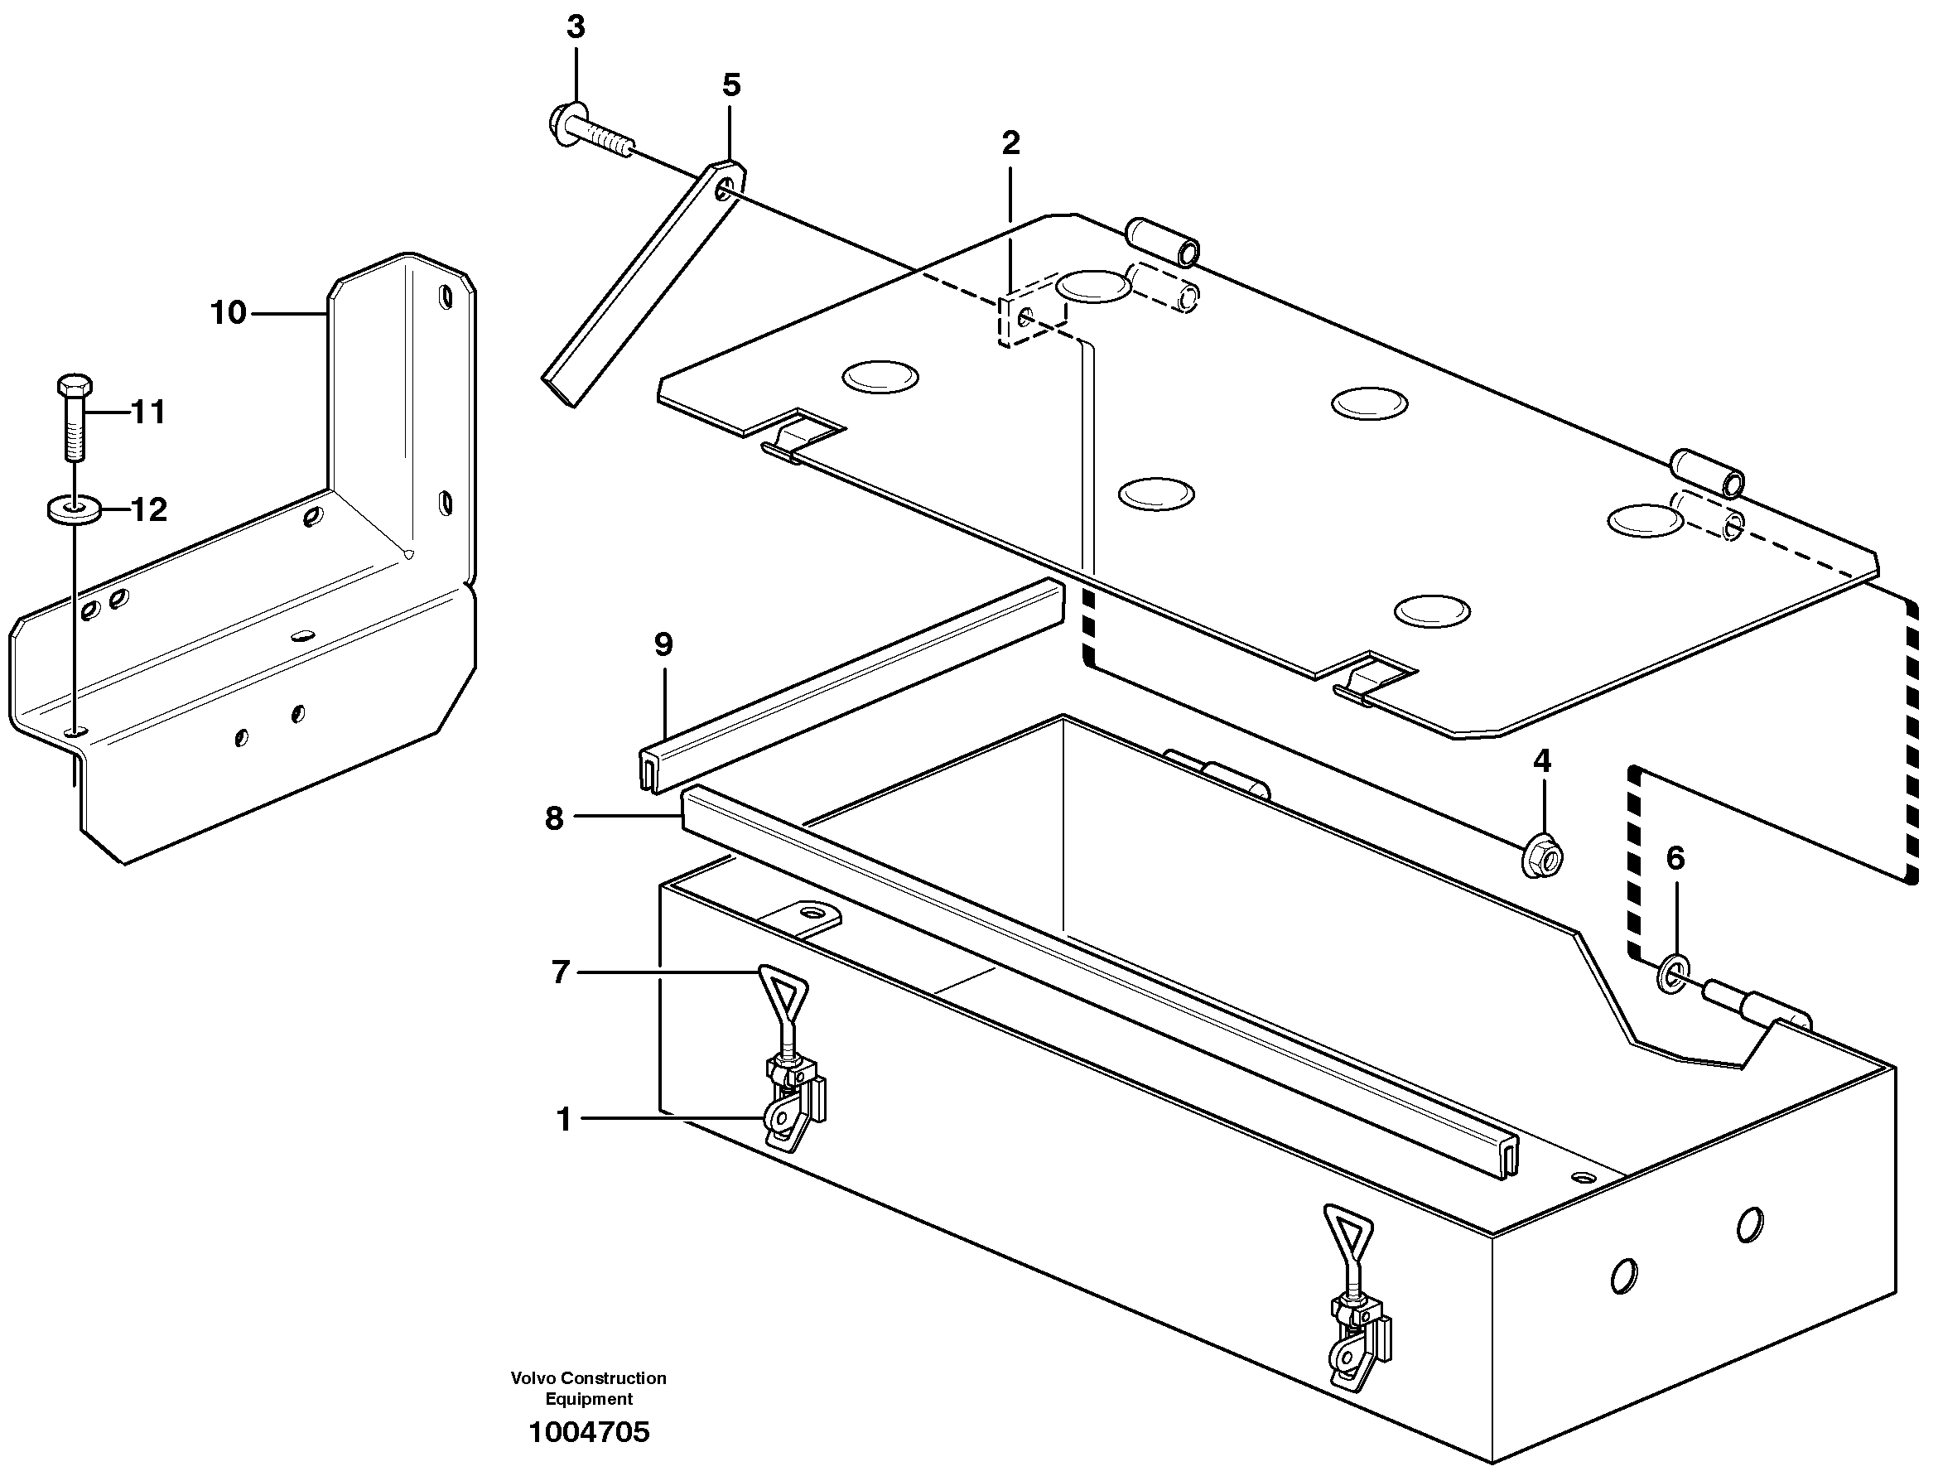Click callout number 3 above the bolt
tap(576, 27)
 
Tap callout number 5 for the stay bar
tap(731, 85)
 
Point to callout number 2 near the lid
tap(1010, 143)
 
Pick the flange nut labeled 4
tap(1542, 854)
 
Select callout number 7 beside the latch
tap(561, 972)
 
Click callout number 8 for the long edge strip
tap(553, 818)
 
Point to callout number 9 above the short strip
tap(663, 645)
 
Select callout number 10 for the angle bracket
tap(229, 313)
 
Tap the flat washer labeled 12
tap(74, 509)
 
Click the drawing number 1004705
tap(589, 1432)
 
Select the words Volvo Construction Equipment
tap(589, 1388)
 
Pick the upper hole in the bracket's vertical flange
tap(446, 298)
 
